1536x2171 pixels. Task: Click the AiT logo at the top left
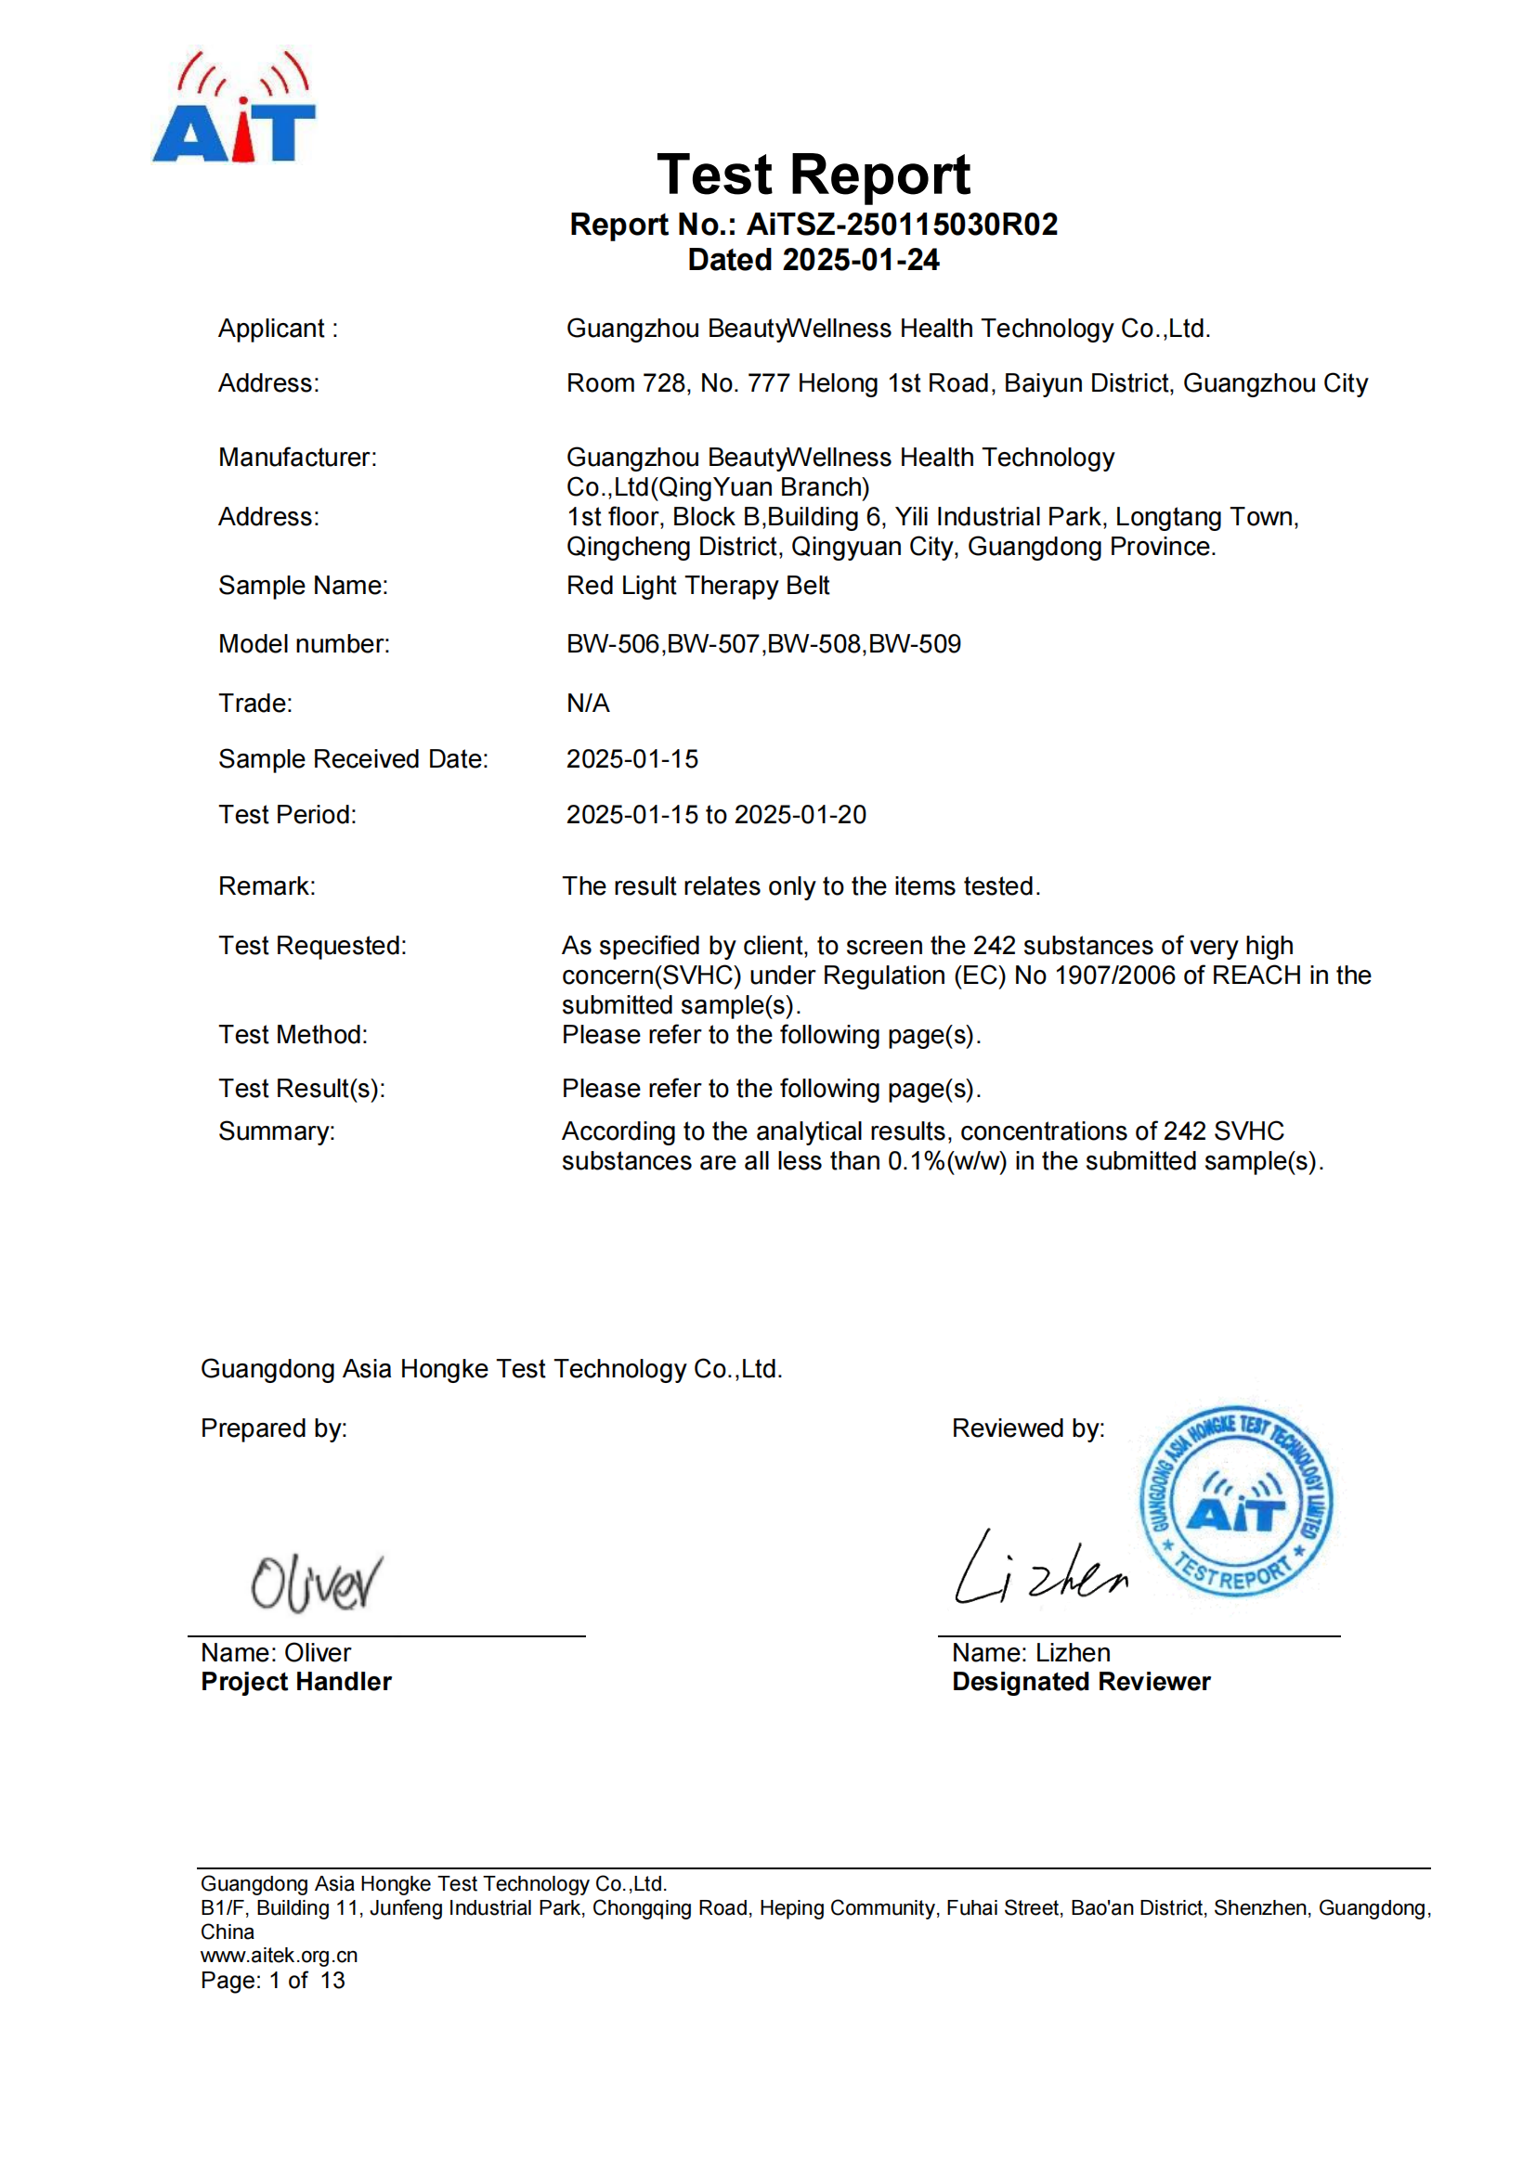pos(234,109)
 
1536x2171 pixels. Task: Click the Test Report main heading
pos(813,174)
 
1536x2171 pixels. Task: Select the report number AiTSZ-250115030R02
pos(902,225)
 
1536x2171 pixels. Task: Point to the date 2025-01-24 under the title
pos(861,260)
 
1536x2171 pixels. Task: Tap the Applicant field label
pos(277,330)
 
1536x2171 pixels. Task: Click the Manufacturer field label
pos(297,458)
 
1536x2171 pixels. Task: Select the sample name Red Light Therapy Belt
pos(697,587)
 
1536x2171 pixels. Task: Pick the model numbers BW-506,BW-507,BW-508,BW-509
pos(762,645)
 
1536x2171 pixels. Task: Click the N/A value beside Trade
pos(587,704)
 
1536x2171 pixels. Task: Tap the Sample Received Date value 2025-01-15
pos(631,759)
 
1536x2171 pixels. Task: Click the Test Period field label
pos(287,815)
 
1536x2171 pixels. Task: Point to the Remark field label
pos(267,887)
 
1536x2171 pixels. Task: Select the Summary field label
pos(276,1131)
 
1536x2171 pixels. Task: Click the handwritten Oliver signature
pos(316,1582)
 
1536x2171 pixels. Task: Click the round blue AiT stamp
pos(1235,1501)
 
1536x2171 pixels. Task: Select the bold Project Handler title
pos(295,1682)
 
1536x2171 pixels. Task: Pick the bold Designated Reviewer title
pos(1080,1682)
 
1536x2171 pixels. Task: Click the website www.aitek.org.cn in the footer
pos(279,1956)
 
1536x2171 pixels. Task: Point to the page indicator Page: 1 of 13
pos(272,1981)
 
